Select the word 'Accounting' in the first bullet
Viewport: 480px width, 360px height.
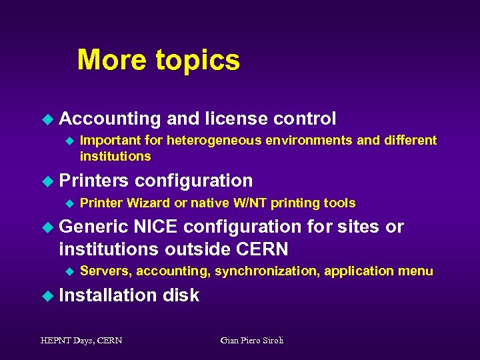(x=110, y=119)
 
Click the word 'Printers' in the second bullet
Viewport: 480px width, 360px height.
(x=94, y=181)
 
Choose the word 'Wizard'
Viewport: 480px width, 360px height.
(x=148, y=203)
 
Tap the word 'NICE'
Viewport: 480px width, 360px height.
(x=156, y=227)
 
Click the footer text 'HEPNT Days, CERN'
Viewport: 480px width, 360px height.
(x=81, y=341)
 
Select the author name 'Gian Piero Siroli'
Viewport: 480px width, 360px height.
(x=251, y=341)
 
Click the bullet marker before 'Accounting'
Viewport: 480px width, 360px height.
(x=47, y=119)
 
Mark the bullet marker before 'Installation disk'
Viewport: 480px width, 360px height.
(x=47, y=295)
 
